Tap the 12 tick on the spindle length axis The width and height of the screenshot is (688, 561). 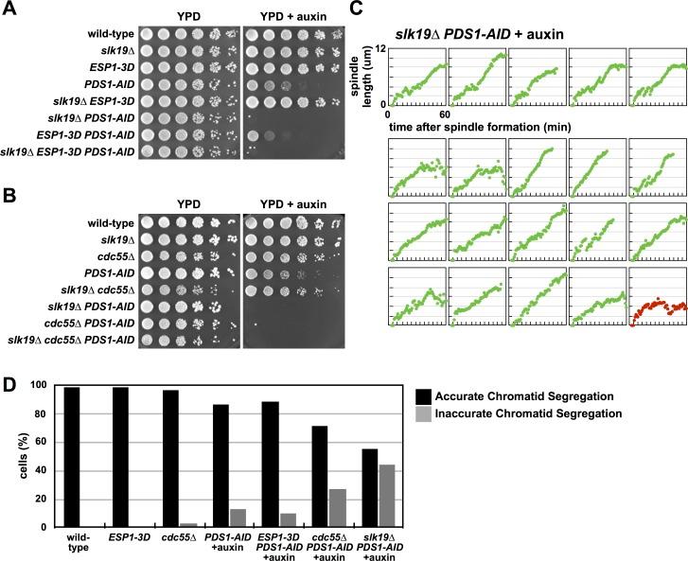coord(381,47)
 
